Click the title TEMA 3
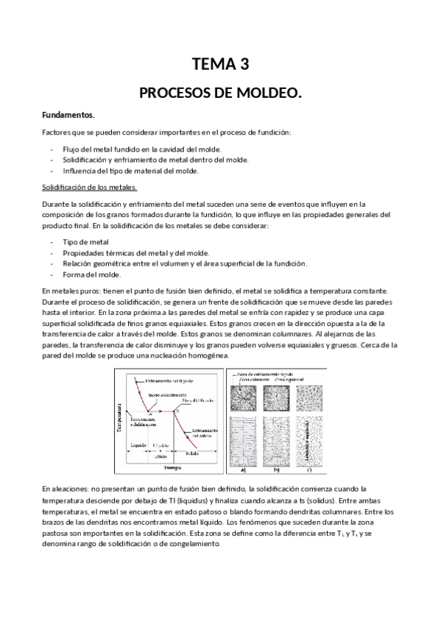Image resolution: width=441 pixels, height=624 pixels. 220,65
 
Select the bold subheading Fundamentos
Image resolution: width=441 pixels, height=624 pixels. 68,116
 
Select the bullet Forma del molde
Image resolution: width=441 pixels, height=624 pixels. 91,275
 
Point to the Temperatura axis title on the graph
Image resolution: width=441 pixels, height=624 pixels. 119,417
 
